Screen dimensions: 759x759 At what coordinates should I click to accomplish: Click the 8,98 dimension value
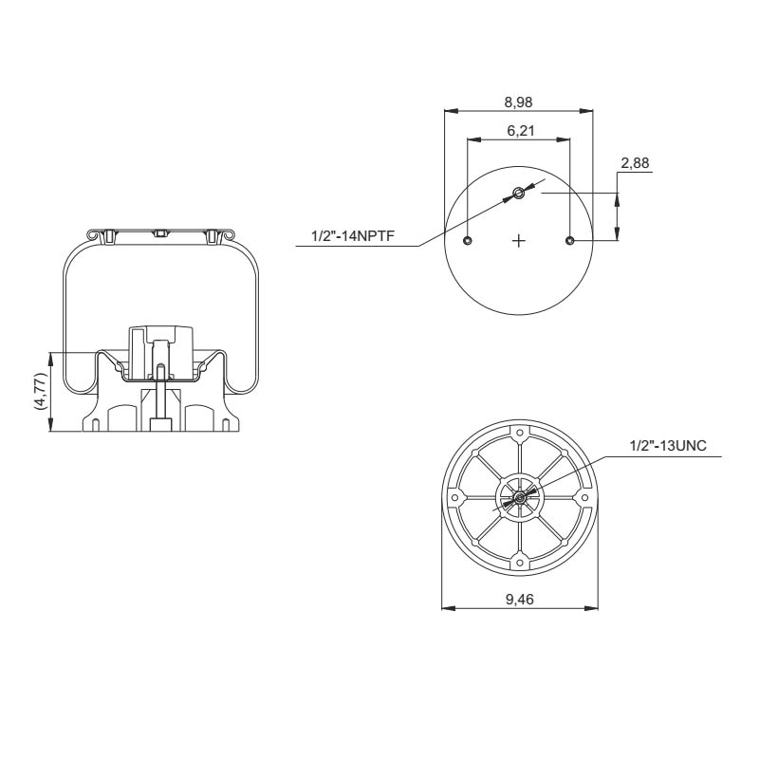click(x=518, y=102)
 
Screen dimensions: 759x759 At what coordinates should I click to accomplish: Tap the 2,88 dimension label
click(x=634, y=163)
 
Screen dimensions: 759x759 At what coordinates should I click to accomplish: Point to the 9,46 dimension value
click(x=519, y=599)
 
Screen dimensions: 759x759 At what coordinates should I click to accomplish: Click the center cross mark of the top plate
click(x=518, y=241)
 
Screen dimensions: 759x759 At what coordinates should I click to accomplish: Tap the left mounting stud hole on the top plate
click(x=468, y=241)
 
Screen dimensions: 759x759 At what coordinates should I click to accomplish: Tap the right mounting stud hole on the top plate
click(x=569, y=241)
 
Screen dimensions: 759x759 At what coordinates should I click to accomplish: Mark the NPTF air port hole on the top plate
click(x=518, y=194)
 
